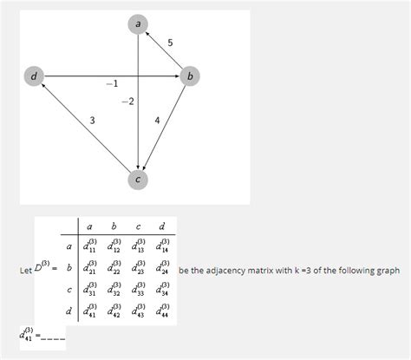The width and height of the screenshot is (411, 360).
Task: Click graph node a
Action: coord(138,24)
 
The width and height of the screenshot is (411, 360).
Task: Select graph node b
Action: coord(190,76)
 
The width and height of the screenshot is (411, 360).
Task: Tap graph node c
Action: coord(138,180)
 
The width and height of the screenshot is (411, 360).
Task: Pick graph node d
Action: coord(34,76)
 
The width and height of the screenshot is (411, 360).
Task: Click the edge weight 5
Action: coord(170,43)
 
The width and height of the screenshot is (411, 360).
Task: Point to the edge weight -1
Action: coord(112,84)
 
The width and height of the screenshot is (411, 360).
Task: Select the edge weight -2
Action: coord(127,101)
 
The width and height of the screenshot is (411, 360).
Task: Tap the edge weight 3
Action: coord(92,121)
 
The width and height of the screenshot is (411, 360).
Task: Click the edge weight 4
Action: coord(157,121)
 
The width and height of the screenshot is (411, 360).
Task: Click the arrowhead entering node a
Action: coord(147,33)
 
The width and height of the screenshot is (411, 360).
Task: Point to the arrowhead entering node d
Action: coord(42,85)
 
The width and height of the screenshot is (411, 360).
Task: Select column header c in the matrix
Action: coord(138,226)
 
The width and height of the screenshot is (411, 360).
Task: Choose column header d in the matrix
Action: coord(162,226)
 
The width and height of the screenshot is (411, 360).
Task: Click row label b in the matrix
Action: coord(69,268)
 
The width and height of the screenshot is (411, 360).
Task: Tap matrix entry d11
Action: coord(89,246)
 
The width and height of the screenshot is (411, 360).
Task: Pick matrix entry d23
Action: coord(138,267)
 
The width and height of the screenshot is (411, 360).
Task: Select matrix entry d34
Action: coord(162,289)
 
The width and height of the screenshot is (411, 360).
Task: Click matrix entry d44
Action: coord(162,311)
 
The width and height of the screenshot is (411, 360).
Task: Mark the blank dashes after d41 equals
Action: coord(53,339)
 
